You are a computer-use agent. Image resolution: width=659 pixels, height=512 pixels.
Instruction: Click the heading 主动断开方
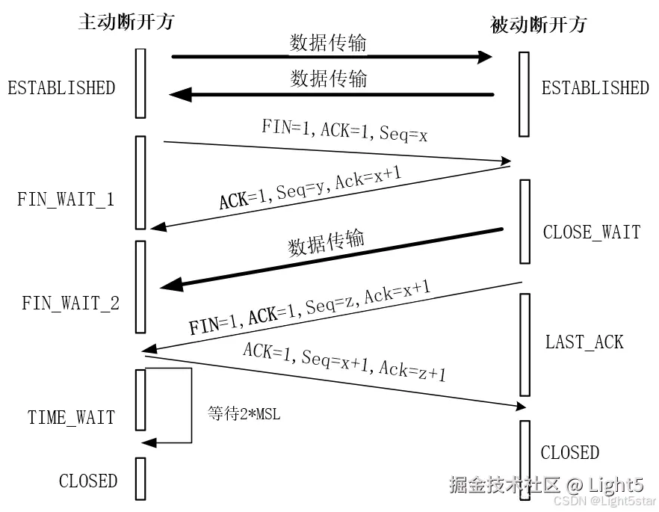[x=126, y=21]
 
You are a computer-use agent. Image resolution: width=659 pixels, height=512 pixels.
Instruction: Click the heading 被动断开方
[x=538, y=25]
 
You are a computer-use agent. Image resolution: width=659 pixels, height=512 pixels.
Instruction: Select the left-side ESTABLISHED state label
[x=61, y=88]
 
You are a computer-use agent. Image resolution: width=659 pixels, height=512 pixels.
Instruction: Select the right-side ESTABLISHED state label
[x=595, y=88]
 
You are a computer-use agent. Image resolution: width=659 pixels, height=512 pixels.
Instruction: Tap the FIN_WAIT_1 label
[x=66, y=200]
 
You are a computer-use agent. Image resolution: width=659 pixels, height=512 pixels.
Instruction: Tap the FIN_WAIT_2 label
[x=70, y=303]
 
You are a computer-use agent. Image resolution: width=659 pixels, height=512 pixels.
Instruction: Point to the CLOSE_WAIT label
[x=591, y=232]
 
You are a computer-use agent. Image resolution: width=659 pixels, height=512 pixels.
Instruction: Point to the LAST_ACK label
[x=584, y=342]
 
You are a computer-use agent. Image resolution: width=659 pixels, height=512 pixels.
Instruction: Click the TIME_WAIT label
[x=71, y=417]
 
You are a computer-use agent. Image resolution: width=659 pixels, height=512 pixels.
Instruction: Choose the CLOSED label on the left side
[x=87, y=481]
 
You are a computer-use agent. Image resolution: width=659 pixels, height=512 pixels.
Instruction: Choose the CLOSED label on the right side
[x=569, y=452]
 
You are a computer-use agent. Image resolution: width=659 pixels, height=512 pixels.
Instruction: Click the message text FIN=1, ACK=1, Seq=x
[x=344, y=130]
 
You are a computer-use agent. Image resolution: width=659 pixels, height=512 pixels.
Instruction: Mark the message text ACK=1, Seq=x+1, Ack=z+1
[x=344, y=361]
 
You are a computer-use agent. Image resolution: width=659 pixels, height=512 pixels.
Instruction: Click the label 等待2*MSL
[x=244, y=413]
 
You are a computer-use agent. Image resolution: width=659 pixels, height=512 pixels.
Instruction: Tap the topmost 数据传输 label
[x=328, y=43]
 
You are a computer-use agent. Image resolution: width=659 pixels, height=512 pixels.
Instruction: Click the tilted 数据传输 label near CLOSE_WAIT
[x=327, y=242]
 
